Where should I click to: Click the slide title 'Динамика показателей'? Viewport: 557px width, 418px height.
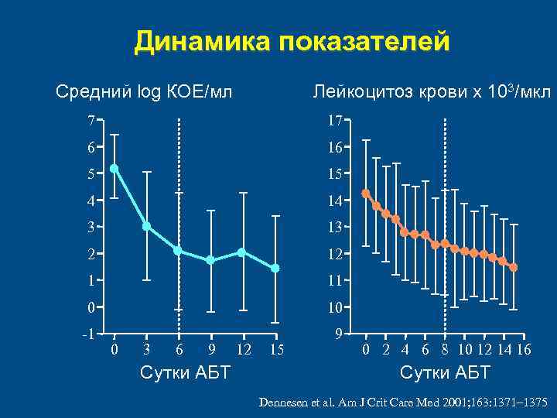click(291, 43)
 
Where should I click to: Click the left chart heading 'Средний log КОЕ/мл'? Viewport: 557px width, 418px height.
click(144, 94)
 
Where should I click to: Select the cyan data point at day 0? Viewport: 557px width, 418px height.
click(114, 168)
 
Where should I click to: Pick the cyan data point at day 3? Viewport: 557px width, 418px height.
click(146, 226)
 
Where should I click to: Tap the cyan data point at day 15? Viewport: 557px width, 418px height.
click(275, 268)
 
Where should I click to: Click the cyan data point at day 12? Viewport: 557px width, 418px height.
click(242, 252)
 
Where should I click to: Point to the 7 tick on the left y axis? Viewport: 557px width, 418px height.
click(91, 121)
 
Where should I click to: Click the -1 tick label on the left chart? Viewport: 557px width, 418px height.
click(89, 334)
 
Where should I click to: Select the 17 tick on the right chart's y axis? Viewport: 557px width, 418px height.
click(334, 121)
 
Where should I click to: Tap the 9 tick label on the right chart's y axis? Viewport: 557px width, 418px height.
click(338, 334)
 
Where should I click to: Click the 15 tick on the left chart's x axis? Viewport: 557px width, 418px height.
click(275, 351)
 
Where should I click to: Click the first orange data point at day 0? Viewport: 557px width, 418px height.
click(366, 194)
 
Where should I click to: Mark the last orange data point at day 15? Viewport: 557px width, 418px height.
click(513, 267)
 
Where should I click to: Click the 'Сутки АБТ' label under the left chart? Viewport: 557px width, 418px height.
click(184, 373)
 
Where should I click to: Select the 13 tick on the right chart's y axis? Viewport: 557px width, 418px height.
click(334, 227)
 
